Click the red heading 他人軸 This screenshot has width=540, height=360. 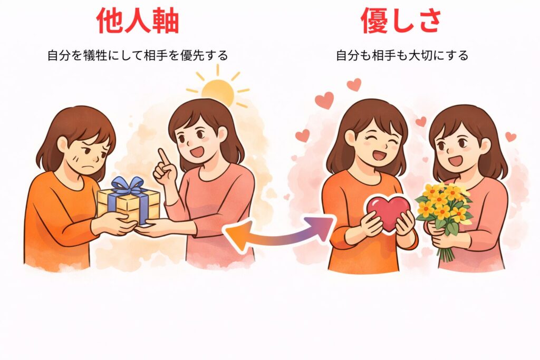[x=138, y=21]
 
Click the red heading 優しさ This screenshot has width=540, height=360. [x=401, y=21]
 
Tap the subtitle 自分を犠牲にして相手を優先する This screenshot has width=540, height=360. [x=138, y=55]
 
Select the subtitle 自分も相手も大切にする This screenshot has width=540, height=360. [x=402, y=55]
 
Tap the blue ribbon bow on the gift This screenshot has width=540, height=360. [x=128, y=186]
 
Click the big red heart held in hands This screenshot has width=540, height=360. [x=388, y=212]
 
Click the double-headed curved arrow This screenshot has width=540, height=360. [x=279, y=234]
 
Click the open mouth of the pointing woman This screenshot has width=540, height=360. [x=199, y=151]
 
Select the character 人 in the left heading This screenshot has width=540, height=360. [x=138, y=21]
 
